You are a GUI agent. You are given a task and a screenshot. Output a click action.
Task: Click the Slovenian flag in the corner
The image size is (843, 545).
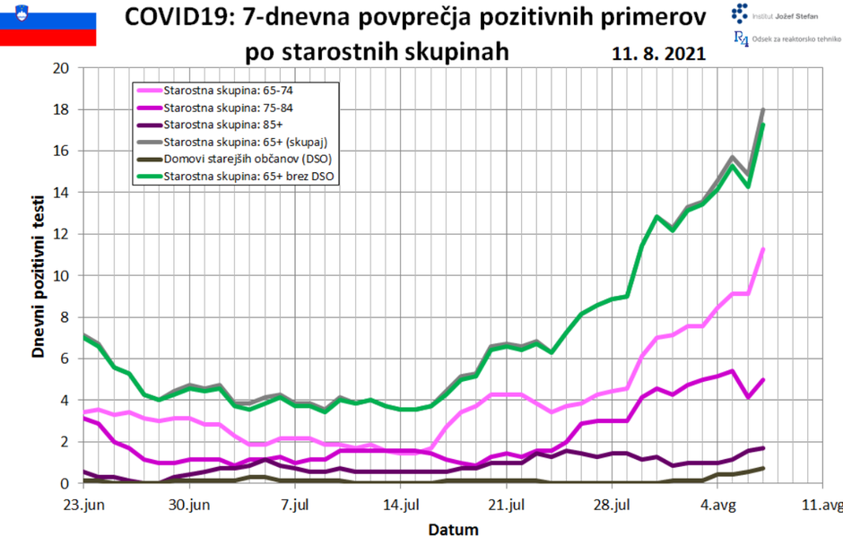[x=48, y=23]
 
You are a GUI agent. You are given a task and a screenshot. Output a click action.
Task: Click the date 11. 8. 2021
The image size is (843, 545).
[x=658, y=54]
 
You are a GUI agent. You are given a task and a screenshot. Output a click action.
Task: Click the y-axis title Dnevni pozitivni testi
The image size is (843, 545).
[x=39, y=274]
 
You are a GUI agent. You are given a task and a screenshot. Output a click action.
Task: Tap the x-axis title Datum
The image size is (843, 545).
[x=453, y=529]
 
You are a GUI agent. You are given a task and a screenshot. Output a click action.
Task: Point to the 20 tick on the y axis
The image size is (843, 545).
[x=61, y=68]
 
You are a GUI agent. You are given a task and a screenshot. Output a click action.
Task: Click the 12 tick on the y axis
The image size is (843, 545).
[x=61, y=234]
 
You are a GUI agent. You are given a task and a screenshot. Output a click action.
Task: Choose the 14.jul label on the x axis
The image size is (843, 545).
[x=400, y=505]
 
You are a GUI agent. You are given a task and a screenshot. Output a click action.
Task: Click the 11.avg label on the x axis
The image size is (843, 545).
[x=821, y=505]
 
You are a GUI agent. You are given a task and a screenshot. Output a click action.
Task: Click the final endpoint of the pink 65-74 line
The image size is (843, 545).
[x=762, y=249]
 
